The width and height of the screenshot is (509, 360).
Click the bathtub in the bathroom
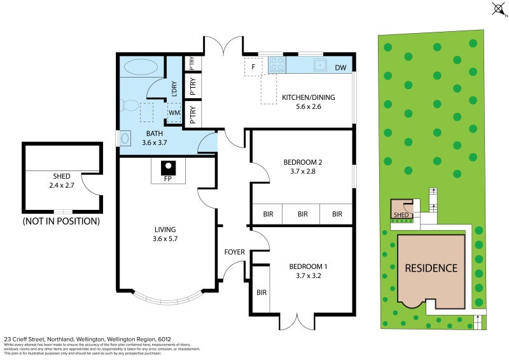(x=139, y=67)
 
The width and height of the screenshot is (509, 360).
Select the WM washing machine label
(x=174, y=113)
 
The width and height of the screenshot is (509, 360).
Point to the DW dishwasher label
(x=340, y=67)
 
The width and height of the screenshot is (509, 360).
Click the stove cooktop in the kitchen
(x=277, y=64)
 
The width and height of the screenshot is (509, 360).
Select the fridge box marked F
(x=253, y=67)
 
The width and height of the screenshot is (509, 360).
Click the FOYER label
(x=235, y=252)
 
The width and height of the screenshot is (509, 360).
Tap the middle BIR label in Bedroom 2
(x=302, y=214)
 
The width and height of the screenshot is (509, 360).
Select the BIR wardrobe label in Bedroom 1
(x=261, y=293)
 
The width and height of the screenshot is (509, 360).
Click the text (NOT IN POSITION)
(x=61, y=221)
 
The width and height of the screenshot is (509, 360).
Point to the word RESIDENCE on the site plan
(x=431, y=268)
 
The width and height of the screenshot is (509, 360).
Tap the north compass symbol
(x=497, y=9)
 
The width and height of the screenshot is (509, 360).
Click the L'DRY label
(x=174, y=89)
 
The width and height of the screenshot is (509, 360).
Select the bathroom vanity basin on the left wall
(x=124, y=138)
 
